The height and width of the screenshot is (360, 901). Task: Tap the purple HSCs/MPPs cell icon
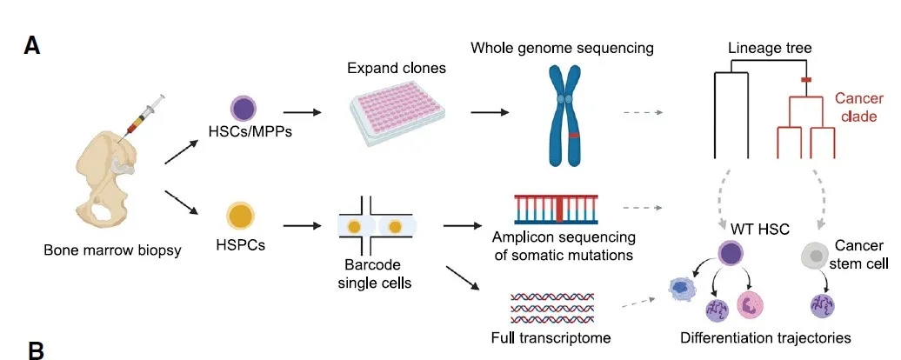(243, 109)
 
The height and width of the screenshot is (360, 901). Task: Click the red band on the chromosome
(573, 137)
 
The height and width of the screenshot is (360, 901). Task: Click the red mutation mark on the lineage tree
(805, 80)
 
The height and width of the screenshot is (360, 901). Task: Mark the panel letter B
(37, 350)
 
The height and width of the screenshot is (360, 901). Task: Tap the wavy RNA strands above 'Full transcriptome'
(551, 308)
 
